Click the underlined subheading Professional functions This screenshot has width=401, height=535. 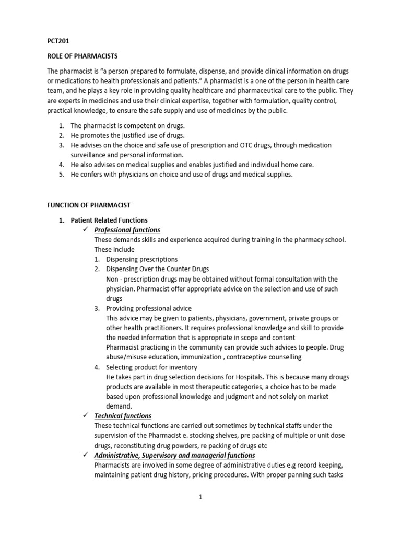click(127, 230)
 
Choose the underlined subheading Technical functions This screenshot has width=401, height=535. click(123, 416)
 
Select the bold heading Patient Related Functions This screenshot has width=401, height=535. click(109, 220)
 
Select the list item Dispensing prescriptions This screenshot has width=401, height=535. click(142, 259)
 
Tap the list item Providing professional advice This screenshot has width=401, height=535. click(149, 308)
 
